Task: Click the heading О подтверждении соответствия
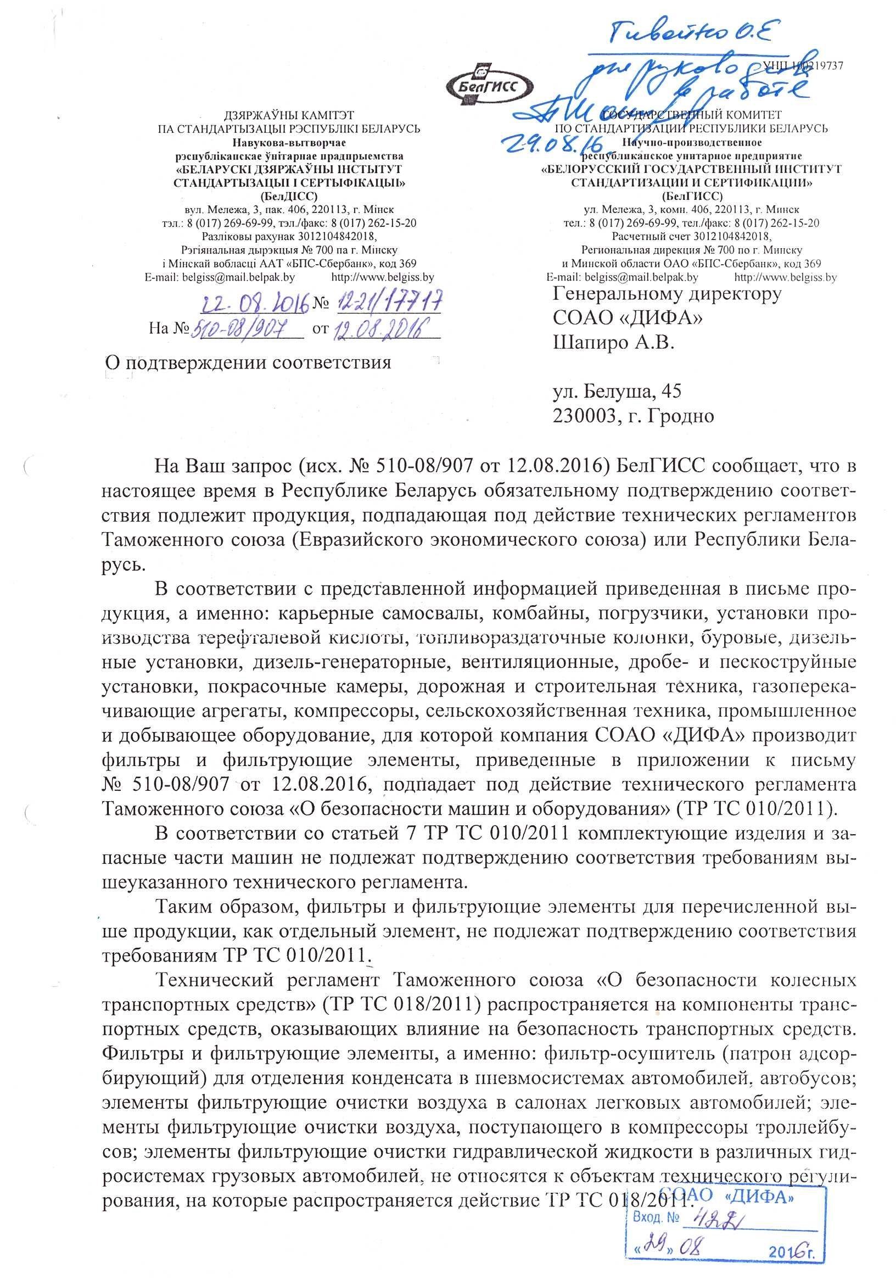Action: coord(249,362)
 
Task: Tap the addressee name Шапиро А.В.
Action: coord(613,342)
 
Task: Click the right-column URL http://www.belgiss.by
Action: coord(785,276)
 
